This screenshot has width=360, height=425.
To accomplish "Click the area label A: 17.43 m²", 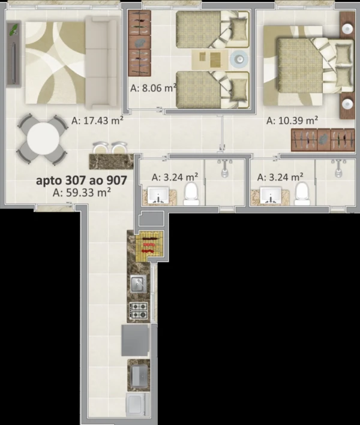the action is click(x=97, y=120).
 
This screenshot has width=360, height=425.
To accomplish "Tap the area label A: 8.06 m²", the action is click(x=154, y=88).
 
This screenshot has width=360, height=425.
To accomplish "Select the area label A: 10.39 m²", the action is click(x=292, y=120).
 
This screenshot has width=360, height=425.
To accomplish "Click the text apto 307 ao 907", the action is click(x=82, y=180).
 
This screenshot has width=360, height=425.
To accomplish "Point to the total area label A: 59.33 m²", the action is click(x=82, y=192).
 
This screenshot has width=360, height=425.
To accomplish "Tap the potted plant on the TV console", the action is click(x=14, y=29).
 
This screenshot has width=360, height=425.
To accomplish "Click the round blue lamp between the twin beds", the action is click(x=239, y=59).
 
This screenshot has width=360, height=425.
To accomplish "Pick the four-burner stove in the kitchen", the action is click(x=139, y=311).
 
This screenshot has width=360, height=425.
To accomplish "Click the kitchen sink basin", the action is click(x=139, y=284).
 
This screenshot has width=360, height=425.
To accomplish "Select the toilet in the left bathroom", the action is click(x=191, y=194).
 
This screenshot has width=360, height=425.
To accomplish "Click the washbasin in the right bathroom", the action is click(x=271, y=195).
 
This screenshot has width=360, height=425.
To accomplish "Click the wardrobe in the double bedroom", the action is click(x=323, y=140).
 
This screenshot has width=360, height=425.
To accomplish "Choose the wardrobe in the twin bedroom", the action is click(x=139, y=43).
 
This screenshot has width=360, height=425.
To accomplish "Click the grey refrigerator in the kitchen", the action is click(x=136, y=340).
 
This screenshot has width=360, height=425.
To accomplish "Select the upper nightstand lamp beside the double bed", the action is click(x=347, y=29).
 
